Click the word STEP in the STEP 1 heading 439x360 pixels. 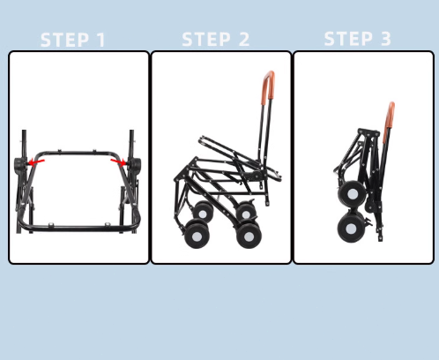pyautogui.click(x=64, y=40)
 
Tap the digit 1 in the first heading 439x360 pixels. pyautogui.click(x=101, y=40)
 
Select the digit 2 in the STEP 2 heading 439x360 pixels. pyautogui.click(x=244, y=39)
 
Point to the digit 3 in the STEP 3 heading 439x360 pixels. pyautogui.click(x=386, y=39)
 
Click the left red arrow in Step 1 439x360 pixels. pyautogui.click(x=36, y=162)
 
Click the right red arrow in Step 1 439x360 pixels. pyautogui.click(x=118, y=161)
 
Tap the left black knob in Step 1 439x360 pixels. pyautogui.click(x=19, y=165)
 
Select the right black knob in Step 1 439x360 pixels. pyautogui.click(x=135, y=165)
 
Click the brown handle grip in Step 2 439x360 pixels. pyautogui.click(x=268, y=86)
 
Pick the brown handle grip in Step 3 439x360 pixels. pyautogui.click(x=390, y=115)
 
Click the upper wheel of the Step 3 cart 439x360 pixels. pyautogui.click(x=352, y=194)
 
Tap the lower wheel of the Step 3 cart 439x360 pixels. pyautogui.click(x=352, y=229)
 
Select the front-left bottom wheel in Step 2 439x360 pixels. pyautogui.click(x=197, y=235)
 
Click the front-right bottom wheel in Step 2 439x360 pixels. pyautogui.click(x=249, y=236)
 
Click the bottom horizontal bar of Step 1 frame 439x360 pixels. pyautogui.click(x=78, y=227)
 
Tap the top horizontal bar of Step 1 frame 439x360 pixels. pyautogui.click(x=77, y=154)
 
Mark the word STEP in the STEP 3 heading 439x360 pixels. pyautogui.click(x=348, y=39)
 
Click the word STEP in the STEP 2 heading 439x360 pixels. pyautogui.click(x=206, y=39)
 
